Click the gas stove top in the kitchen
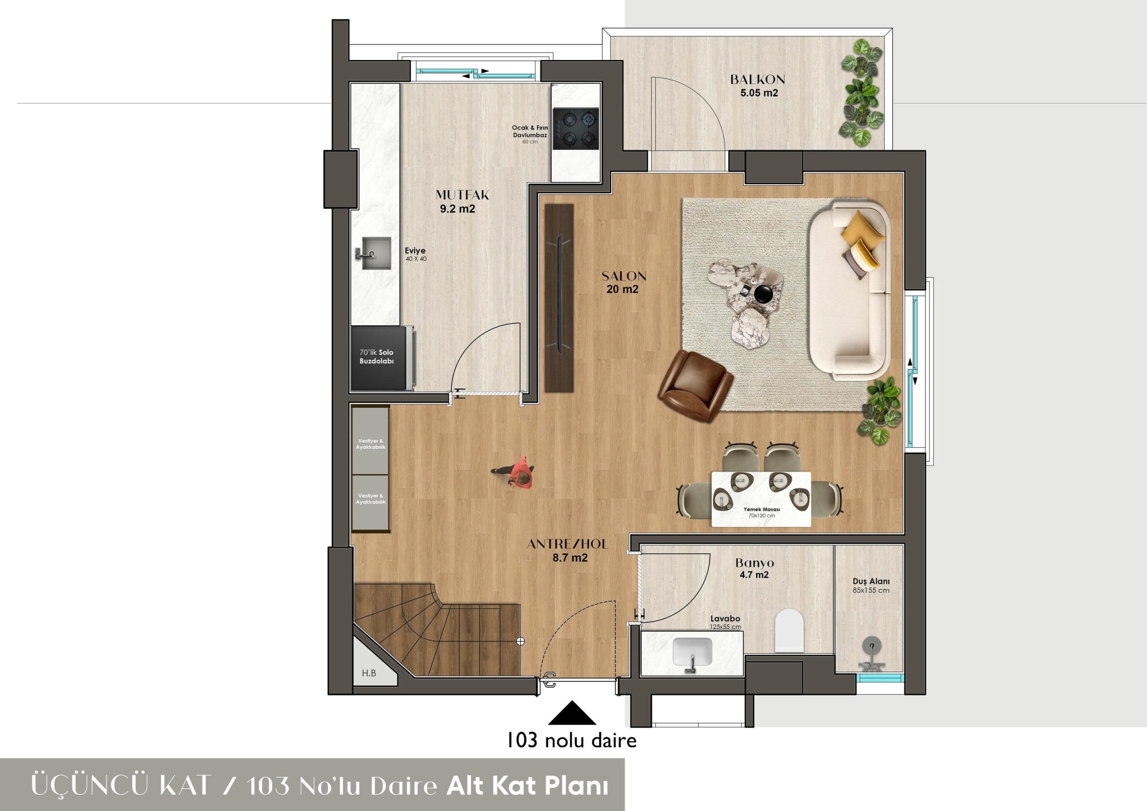tap(576, 129)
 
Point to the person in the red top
tap(518, 472)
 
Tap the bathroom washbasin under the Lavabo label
tap(692, 652)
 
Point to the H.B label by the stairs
tap(369, 673)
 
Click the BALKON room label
tap(757, 79)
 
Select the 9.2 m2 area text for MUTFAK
tap(457, 209)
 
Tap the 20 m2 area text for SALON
tap(623, 289)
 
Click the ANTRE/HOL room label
tap(568, 544)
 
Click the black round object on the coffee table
tap(763, 294)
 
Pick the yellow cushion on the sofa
tap(859, 226)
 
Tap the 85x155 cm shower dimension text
tap(871, 590)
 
